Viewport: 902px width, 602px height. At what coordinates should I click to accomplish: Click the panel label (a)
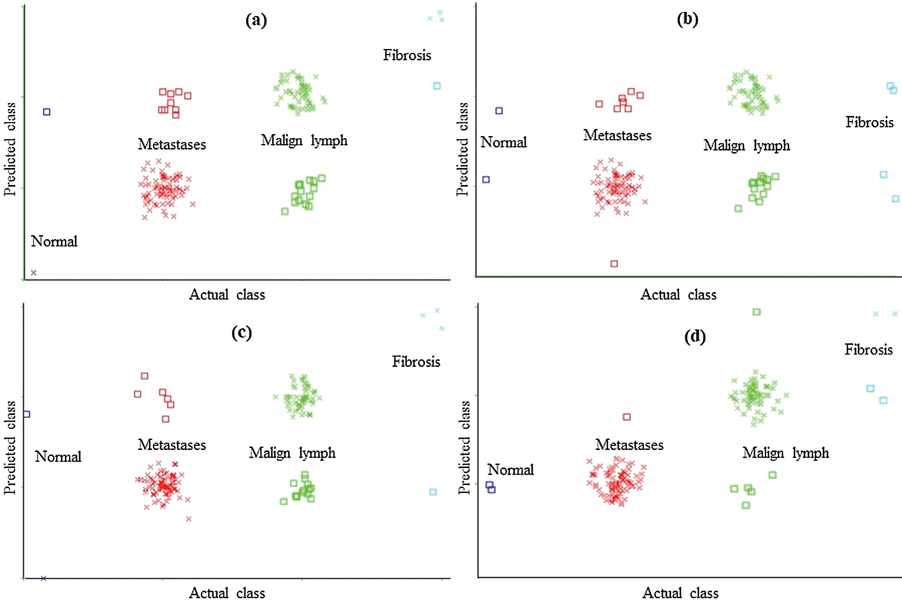pos(256,20)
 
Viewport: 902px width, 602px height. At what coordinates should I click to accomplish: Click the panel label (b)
pos(688,19)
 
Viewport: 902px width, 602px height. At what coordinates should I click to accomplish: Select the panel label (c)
pos(241,332)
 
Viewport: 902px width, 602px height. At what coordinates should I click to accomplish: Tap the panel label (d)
pos(695,337)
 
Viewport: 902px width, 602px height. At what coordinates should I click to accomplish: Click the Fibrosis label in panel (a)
pos(407,55)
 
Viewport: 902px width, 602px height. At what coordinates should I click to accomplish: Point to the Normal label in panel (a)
pos(54,241)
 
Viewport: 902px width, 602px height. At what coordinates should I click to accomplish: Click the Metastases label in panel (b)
pos(617,136)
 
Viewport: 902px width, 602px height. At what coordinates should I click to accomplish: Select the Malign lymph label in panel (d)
pos(786,453)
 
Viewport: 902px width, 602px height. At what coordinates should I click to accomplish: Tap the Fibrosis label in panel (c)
pos(416,362)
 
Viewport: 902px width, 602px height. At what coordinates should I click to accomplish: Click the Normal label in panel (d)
pos(510,470)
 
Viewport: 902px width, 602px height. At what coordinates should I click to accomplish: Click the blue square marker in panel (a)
pos(46,112)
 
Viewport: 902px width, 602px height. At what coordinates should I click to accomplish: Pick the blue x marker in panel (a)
pos(34,273)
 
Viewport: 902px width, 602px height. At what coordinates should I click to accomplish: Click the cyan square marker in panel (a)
pos(437,86)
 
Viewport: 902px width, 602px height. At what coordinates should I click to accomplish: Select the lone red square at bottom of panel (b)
pos(614,264)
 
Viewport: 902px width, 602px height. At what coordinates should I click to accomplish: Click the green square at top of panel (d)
pos(757,312)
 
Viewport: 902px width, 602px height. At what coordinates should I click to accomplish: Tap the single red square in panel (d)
pos(627,417)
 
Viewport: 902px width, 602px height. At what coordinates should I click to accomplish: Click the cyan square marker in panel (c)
pos(433,492)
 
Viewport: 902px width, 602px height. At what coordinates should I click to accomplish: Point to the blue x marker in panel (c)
pos(43,578)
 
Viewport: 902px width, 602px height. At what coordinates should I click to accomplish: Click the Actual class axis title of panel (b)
pos(678,295)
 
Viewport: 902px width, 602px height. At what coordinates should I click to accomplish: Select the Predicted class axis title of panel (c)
pos(10,447)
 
